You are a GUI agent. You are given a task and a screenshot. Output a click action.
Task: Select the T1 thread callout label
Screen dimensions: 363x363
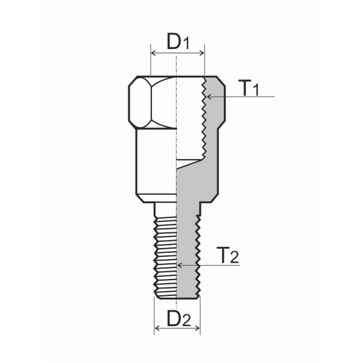coord(248,88)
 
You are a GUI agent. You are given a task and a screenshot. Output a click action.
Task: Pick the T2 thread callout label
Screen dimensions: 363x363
coord(227,256)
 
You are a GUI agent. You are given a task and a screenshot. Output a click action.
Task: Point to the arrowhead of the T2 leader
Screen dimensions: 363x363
coord(179,265)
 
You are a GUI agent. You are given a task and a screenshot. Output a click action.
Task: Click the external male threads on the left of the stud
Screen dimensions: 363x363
coord(158,254)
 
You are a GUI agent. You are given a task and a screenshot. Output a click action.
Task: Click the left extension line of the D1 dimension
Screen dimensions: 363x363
coord(150,60)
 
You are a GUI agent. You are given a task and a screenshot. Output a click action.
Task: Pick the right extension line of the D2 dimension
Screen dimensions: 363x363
coord(200,315)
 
